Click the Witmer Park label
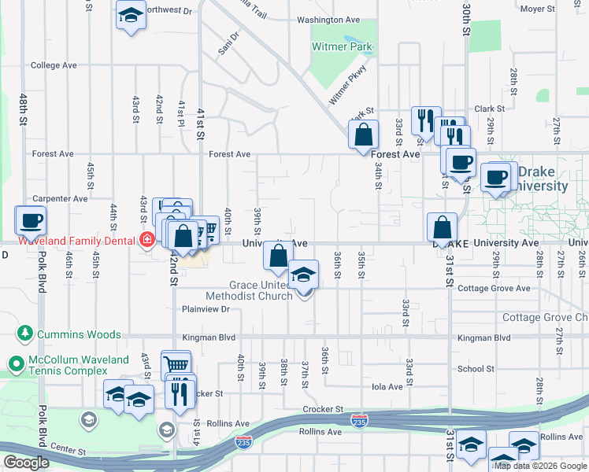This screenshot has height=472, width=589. pos(342,47)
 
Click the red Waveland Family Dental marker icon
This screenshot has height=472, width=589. pos(146,240)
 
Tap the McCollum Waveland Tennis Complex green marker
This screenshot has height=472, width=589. pos(15,363)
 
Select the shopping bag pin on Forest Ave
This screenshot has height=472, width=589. pos(363,135)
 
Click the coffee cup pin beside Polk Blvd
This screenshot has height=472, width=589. pos(31,219)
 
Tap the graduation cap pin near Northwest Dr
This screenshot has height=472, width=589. pos(131,15)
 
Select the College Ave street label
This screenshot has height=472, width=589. pos(54,65)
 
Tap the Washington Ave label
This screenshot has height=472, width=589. pos(328,20)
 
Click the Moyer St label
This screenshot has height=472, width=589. pos(538,9)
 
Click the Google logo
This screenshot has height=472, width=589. pos(27,463)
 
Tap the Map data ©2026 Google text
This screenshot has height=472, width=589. pos(539,466)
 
